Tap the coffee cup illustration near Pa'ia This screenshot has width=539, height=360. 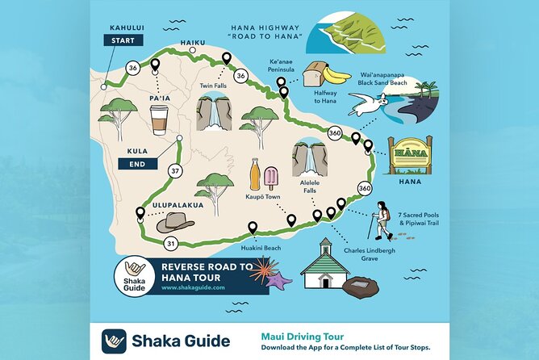(x=158, y=119)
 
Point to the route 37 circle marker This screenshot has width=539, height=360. (x=174, y=171)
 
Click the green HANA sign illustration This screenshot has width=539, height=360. (x=410, y=156)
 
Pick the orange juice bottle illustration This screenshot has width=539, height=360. (x=255, y=174)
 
